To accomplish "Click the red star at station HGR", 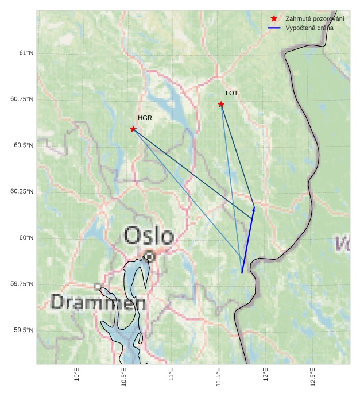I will pyautogui.click(x=133, y=129).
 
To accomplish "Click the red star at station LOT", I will pyautogui.click(x=221, y=104).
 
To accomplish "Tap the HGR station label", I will pyautogui.click(x=145, y=118).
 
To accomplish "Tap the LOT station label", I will pyautogui.click(x=231, y=92).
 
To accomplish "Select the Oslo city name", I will pyautogui.click(x=149, y=236).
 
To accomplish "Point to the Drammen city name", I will pyautogui.click(x=98, y=302).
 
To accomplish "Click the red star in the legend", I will pyautogui.click(x=274, y=19).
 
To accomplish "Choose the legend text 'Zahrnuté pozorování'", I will pyautogui.click(x=315, y=19).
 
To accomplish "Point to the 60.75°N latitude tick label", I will pyautogui.click(x=22, y=99).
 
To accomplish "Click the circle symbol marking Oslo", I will pyautogui.click(x=149, y=256).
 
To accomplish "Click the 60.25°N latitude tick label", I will pyautogui.click(x=22, y=191).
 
